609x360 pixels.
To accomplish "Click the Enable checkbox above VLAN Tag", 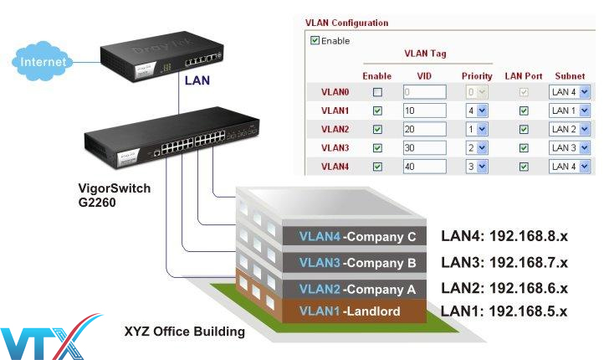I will (x=315, y=40).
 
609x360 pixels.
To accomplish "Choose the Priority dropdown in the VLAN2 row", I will (x=477, y=129).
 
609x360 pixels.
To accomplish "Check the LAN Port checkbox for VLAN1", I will (x=524, y=111).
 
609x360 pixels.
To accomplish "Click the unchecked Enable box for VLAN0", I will (x=377, y=91).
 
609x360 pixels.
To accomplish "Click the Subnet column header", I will (x=570, y=75).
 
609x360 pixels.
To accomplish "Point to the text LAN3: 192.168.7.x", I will (x=504, y=262).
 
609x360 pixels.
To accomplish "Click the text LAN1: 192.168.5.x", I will (x=504, y=311).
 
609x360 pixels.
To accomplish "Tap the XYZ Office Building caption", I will (x=184, y=332).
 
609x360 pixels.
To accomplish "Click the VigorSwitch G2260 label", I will (x=109, y=195).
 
